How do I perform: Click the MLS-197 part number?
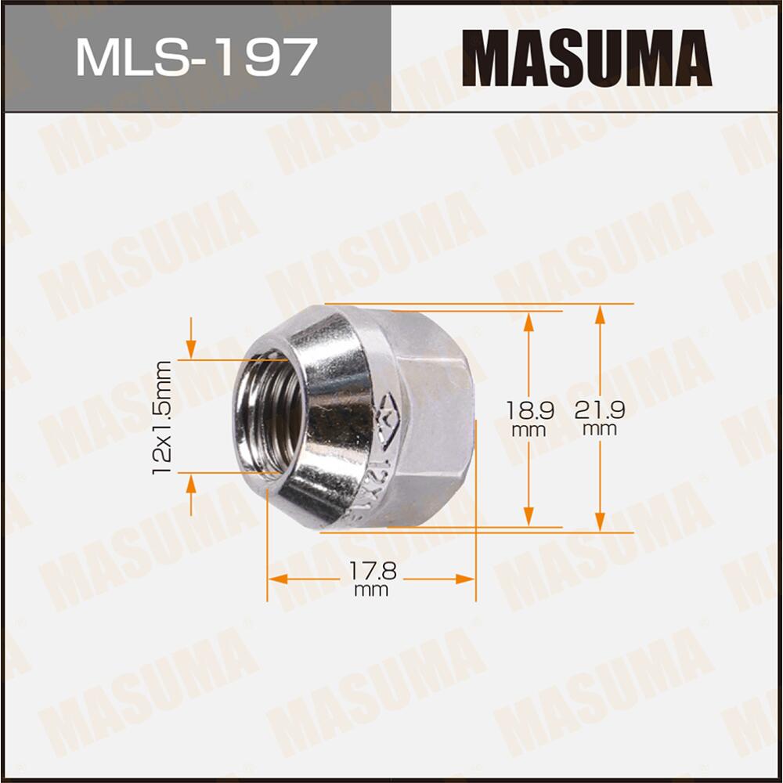point(196,56)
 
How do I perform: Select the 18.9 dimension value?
point(529,410)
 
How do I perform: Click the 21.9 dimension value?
point(600,410)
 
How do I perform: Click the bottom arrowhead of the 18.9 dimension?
point(529,517)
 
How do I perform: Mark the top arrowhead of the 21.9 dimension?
point(600,312)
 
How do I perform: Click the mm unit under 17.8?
point(372,590)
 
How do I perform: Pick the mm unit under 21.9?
point(600,430)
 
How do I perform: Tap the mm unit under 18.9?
point(529,430)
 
